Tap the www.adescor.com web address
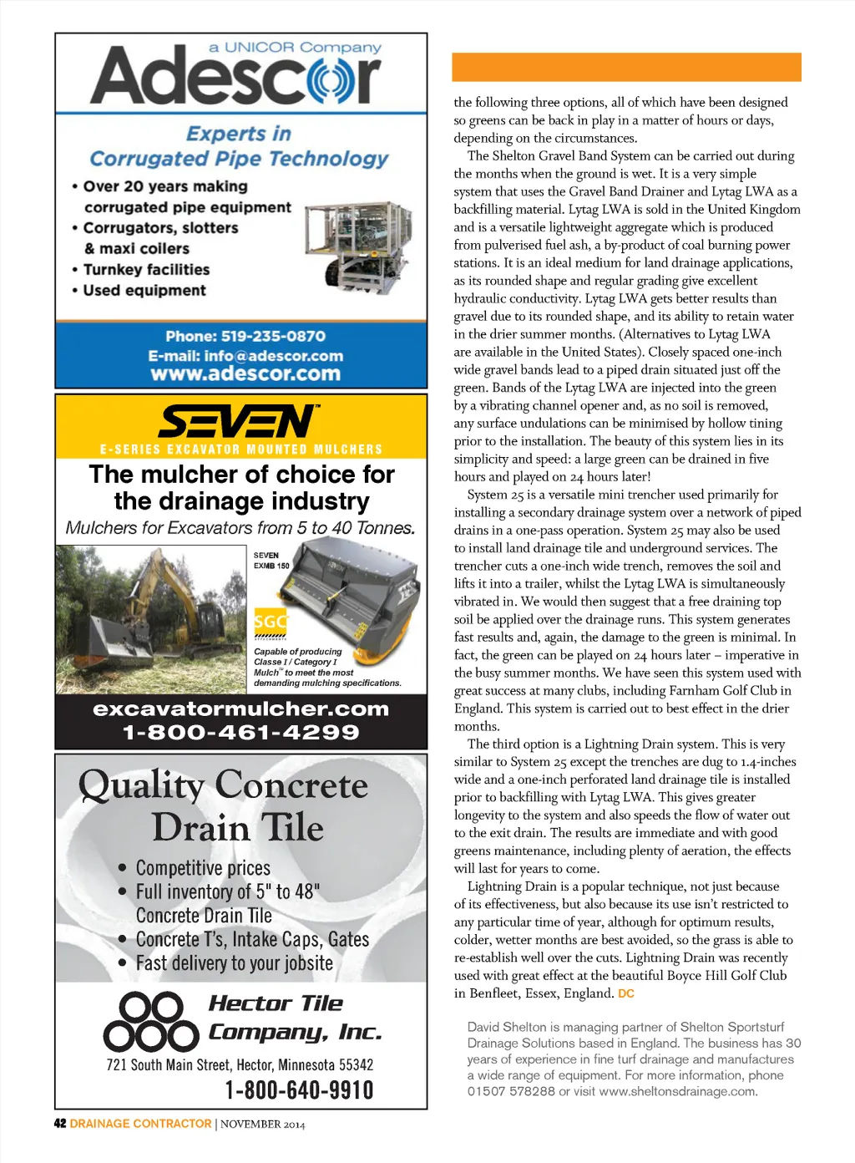click(245, 373)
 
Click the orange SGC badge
click(271, 621)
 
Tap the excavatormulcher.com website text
click(240, 709)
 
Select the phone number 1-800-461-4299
click(240, 733)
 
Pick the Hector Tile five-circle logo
click(151, 1021)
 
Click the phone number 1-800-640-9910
click(299, 1089)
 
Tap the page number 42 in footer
click(60, 1124)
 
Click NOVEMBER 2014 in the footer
click(262, 1125)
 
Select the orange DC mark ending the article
click(626, 993)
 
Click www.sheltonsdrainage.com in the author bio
click(677, 1091)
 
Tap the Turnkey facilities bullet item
click(146, 270)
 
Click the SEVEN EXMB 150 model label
click(271, 561)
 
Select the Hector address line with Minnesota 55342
click(240, 1064)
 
